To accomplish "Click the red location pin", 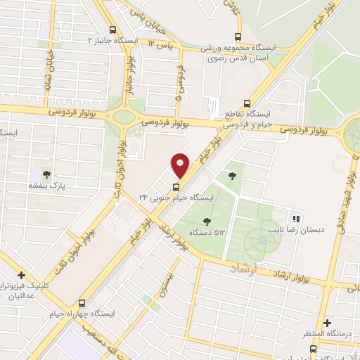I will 181,166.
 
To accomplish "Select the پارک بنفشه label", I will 46,186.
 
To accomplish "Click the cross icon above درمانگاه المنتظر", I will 328,322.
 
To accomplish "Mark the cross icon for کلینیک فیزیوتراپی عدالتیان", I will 22,275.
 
